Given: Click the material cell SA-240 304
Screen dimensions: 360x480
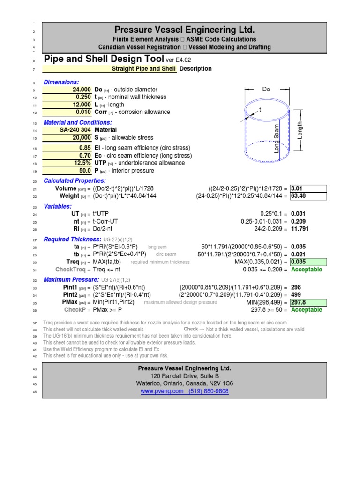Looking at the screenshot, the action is [75, 130].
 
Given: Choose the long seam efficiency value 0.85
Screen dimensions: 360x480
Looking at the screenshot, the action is [85, 148].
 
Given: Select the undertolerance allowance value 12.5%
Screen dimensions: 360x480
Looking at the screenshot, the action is [82, 163].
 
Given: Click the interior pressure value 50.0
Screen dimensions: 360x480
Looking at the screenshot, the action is [85, 171].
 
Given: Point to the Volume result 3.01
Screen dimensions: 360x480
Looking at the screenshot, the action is [298, 188].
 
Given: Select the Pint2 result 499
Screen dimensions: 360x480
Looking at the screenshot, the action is [296, 295].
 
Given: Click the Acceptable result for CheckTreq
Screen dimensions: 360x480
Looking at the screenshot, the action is [307, 270].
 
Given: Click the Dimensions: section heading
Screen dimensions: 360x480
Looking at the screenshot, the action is [61, 82].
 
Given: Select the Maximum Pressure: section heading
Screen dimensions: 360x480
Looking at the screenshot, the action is [72, 280].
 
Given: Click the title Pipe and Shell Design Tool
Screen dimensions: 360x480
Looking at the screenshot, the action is [104, 60].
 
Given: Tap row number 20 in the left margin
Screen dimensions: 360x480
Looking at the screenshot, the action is [34, 181].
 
